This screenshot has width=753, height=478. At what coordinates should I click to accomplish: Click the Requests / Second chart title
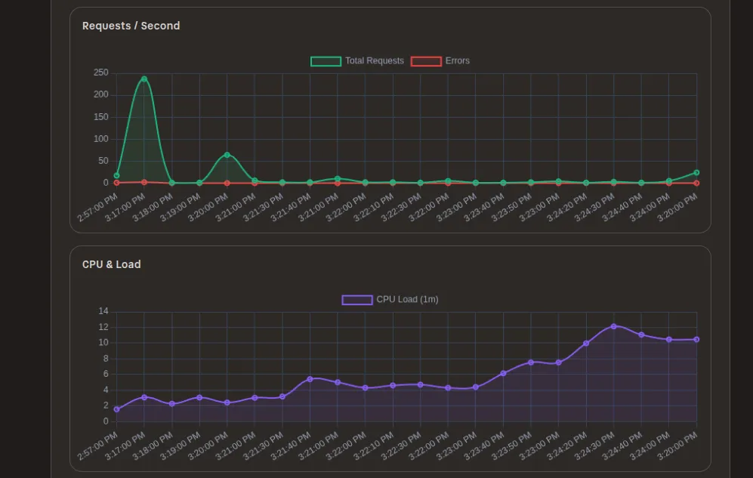[131, 26]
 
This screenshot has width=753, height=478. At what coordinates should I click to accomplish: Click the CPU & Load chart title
[111, 264]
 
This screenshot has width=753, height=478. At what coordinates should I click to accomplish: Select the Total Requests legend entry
[357, 61]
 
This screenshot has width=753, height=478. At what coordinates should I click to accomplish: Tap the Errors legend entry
[440, 61]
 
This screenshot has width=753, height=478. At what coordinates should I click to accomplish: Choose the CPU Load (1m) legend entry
[390, 300]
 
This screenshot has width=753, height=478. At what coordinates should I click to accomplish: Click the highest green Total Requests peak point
[144, 79]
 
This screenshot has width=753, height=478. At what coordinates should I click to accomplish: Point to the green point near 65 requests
[227, 155]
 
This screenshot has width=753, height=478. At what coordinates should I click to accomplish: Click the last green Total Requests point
[696, 173]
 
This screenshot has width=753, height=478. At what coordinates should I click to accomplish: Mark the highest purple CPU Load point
[613, 326]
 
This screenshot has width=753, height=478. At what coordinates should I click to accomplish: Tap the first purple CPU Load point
[116, 409]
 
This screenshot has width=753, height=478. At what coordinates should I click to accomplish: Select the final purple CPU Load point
[696, 339]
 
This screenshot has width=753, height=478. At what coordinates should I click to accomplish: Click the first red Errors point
[116, 183]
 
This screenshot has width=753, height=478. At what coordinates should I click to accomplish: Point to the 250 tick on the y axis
[100, 73]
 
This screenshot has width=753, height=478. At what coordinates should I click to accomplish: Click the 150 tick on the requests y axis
[100, 117]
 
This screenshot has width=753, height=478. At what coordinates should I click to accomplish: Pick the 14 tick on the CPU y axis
[103, 311]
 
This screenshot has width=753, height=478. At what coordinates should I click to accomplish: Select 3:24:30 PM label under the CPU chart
[594, 447]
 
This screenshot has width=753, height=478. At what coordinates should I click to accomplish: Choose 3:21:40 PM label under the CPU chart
[291, 447]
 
